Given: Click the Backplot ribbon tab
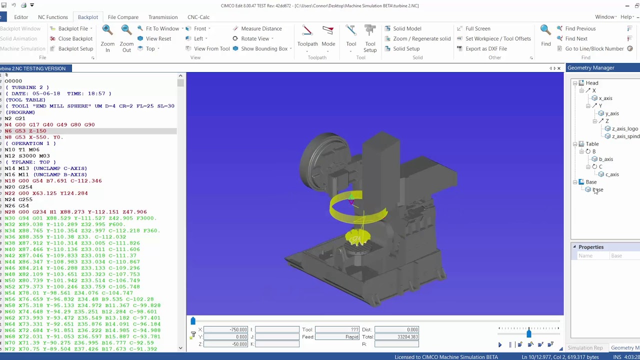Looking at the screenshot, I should point(87,17).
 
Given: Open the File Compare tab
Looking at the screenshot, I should point(123,17).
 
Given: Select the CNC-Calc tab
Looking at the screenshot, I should point(198,17).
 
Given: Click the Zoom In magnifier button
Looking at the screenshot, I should point(107,38).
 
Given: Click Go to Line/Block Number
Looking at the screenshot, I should point(594,48).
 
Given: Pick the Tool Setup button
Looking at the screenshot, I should point(370,38).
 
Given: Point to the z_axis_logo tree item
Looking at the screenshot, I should point(624,128).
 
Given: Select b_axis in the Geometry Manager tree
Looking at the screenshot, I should point(605,159).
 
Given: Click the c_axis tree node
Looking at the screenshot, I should point(611,174).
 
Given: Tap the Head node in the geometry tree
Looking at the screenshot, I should point(591,83).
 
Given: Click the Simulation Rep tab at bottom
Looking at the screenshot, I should point(585,348).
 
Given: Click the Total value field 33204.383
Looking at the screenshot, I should point(396,337).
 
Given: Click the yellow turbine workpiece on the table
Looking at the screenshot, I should point(357,238).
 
